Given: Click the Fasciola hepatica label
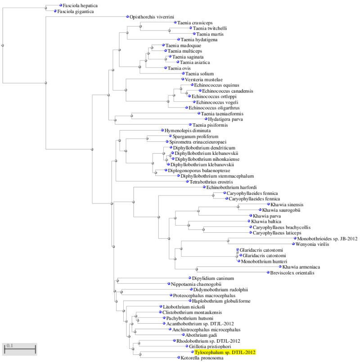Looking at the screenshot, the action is coord(80,5).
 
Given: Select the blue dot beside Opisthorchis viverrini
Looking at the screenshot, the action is coord(127,17).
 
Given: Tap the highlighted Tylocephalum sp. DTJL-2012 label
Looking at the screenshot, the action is coord(225,352).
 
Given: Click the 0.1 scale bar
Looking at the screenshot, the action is coord(20,349).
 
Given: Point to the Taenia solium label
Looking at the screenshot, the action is coord(199,74).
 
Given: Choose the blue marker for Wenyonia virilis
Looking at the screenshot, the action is coord(293,244).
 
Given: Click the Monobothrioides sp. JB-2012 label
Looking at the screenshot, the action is coord(327,239).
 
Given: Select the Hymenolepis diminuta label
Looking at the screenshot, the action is coord(187,131).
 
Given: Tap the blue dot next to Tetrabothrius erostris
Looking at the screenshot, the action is coord(187,181).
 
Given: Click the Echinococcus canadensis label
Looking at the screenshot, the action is coord(228,91).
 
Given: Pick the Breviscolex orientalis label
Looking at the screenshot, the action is coord(292,273).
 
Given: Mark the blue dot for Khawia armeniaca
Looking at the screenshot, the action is coord(280,267).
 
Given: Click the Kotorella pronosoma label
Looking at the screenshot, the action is coord(202,358).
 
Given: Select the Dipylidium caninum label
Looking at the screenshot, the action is coord(213,278).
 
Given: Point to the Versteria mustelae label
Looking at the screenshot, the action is coord(204,80).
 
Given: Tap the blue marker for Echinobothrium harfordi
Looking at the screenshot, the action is coord(204,187).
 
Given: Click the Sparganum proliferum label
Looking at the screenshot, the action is coord(195,136).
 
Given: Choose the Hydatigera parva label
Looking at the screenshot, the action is coord(225,119).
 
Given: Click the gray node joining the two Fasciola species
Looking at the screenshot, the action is coord(46,8).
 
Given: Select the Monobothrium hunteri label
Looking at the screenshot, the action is coord(264,262).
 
